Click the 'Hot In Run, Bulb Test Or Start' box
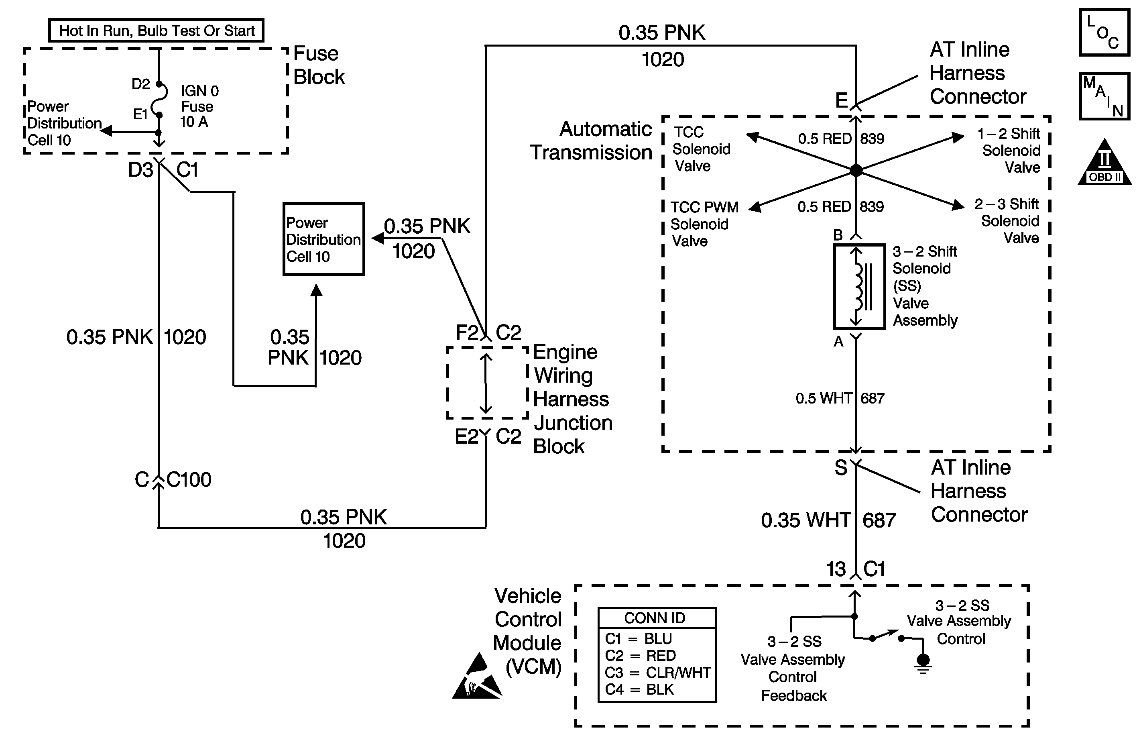coord(156,31)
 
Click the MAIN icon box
coord(1104,96)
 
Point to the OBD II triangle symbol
coord(1104,164)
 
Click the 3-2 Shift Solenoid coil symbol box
coord(859,286)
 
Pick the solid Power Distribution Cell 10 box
coord(323,239)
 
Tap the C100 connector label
coord(189,479)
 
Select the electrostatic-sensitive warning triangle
coord(476,677)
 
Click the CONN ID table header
coord(657,618)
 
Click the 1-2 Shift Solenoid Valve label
coord(1011,150)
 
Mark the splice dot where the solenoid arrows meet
coord(856,170)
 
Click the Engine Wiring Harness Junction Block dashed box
coord(487,382)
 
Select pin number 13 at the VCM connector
coord(836,569)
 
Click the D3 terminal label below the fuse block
coord(140,170)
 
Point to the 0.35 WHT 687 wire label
coord(828,520)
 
